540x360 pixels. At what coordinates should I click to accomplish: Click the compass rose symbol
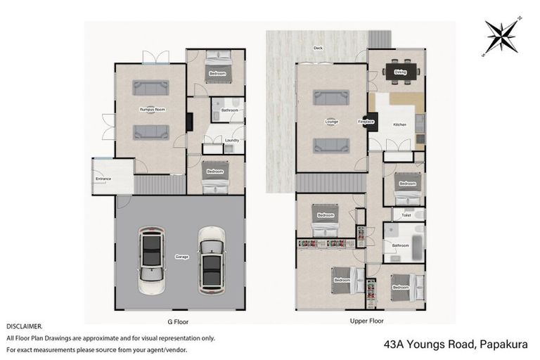click(x=501, y=37)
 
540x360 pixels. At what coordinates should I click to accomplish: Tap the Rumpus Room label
click(x=150, y=110)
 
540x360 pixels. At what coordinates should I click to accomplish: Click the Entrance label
click(x=103, y=179)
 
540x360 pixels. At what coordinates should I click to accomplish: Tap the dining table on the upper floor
click(x=400, y=71)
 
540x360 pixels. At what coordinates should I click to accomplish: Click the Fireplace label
click(x=366, y=122)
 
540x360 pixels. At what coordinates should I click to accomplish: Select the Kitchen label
click(x=399, y=124)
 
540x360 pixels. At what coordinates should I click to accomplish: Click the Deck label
click(x=318, y=48)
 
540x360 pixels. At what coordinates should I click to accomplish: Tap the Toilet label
click(x=406, y=215)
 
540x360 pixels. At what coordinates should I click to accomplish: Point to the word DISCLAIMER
click(x=25, y=327)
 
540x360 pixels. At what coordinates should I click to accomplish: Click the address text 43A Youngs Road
click(x=430, y=345)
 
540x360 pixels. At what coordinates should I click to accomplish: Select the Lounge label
click(x=331, y=122)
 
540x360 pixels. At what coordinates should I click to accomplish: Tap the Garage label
click(x=181, y=257)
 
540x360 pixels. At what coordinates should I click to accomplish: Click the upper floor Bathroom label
click(x=401, y=245)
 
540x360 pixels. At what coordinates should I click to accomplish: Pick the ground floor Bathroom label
click(x=229, y=110)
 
